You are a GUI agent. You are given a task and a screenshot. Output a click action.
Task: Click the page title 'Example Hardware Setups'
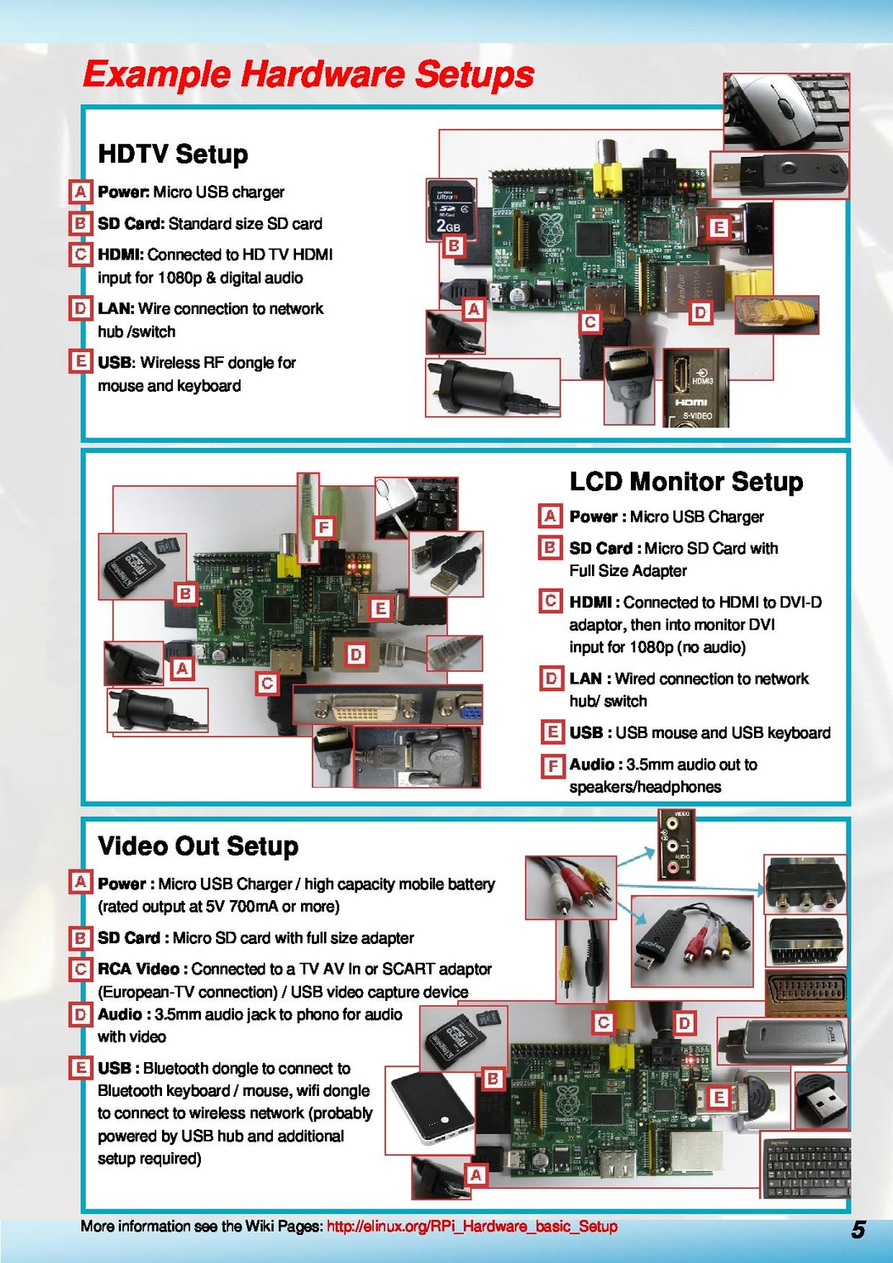pos(308,74)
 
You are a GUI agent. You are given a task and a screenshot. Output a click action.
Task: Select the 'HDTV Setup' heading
pos(173,154)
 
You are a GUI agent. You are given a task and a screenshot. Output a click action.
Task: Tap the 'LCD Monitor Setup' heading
pos(685,481)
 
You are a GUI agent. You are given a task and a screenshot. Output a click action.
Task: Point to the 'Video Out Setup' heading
pos(198,846)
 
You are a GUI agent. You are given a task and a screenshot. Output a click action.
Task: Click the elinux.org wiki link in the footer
pos(471,1226)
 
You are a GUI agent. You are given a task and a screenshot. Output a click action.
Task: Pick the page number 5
pos(858,1229)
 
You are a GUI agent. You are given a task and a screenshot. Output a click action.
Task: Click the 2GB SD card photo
pos(451,209)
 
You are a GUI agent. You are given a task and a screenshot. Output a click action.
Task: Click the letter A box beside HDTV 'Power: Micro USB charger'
pos(80,192)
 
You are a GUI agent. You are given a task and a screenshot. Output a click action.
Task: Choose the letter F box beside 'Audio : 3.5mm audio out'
pos(552,765)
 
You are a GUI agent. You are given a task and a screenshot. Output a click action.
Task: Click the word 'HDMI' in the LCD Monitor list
pos(590,602)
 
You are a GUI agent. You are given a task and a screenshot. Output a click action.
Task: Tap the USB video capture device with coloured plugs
pos(691,941)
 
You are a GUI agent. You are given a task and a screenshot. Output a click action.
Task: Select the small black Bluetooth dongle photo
pos(819,1099)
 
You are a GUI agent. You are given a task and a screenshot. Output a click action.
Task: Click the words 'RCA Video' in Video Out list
pos(138,969)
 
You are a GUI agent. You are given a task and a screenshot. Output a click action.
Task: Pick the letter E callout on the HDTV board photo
pos(719,227)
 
